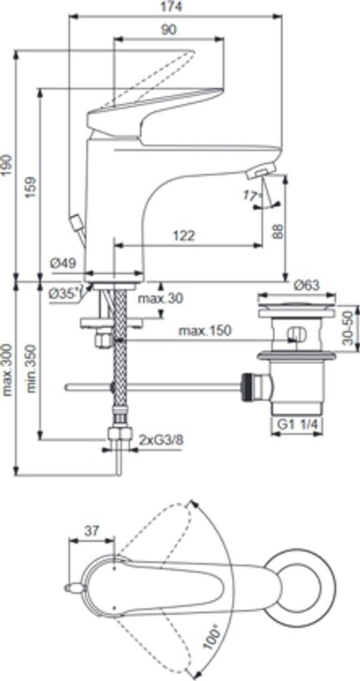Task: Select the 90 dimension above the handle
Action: click(168, 30)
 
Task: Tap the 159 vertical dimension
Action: click(31, 188)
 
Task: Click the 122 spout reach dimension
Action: click(184, 236)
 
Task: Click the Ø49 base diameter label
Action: click(63, 263)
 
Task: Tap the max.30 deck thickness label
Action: click(160, 299)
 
